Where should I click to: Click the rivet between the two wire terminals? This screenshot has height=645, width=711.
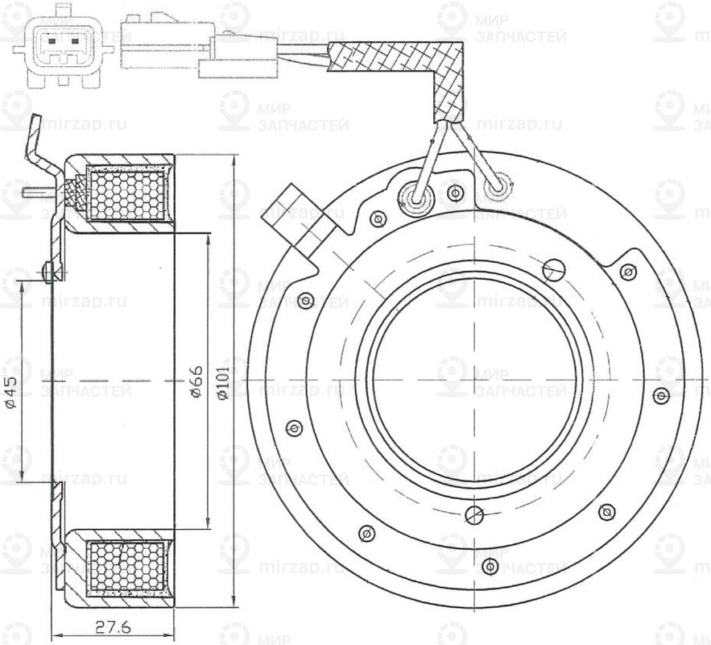coord(456,193)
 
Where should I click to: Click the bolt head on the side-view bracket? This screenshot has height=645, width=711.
coord(50,272)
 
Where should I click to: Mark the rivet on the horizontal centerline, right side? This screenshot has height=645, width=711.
coord(661,394)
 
